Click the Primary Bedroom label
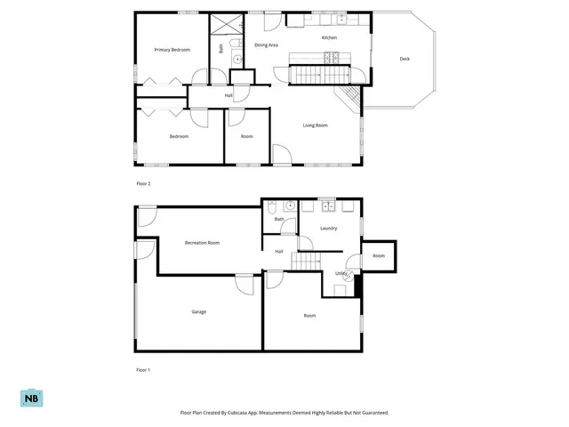pyautogui.click(x=172, y=50)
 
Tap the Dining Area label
pyautogui.click(x=267, y=45)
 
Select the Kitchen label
pyautogui.click(x=330, y=37)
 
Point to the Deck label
pyautogui.click(x=405, y=59)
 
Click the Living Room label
pyautogui.click(x=316, y=125)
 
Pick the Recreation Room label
pyautogui.click(x=202, y=243)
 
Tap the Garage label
pyautogui.click(x=199, y=311)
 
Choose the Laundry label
pyautogui.click(x=329, y=228)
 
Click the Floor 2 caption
pyautogui.click(x=143, y=184)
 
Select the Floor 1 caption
pyautogui.click(x=143, y=370)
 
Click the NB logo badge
pyautogui.click(x=32, y=398)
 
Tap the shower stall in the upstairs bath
pyautogui.click(x=227, y=25)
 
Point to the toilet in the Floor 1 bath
pyautogui.click(x=272, y=206)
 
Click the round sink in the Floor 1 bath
pyautogui.click(x=290, y=205)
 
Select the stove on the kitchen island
pyautogui.click(x=332, y=58)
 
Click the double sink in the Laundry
pyautogui.click(x=329, y=206)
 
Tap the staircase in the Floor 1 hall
pyautogui.click(x=306, y=262)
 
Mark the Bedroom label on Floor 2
pyautogui.click(x=179, y=136)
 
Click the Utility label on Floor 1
pyautogui.click(x=341, y=273)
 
